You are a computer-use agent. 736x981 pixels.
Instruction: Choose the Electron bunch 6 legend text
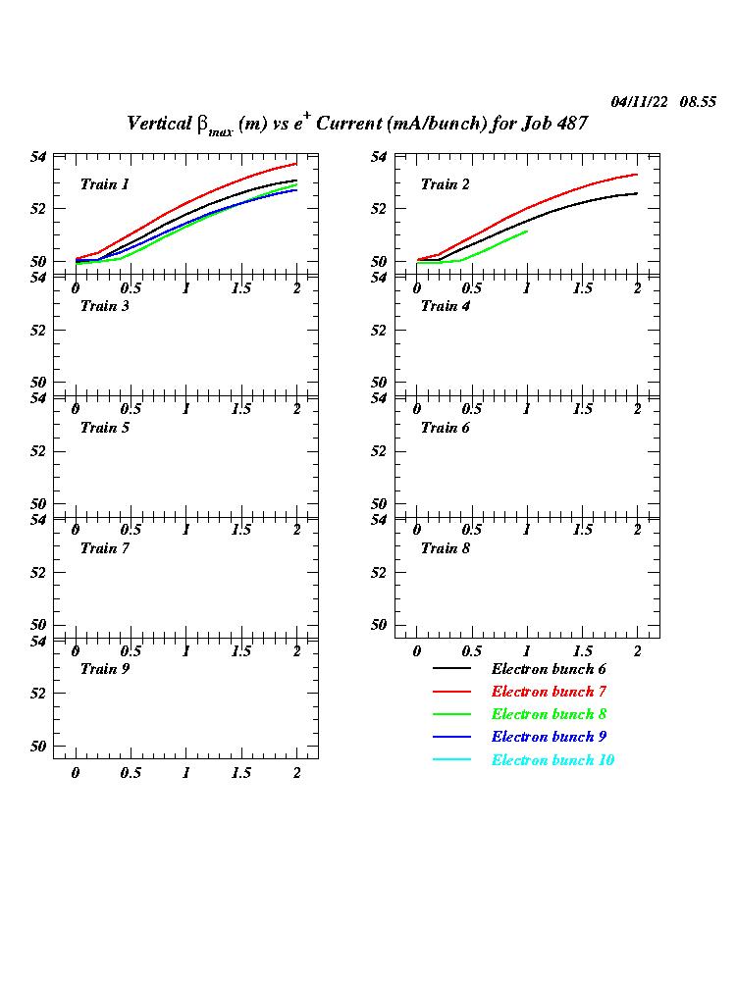[x=548, y=669]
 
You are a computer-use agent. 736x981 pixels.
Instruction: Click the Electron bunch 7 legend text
[x=548, y=692]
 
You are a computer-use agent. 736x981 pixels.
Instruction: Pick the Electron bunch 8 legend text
[x=548, y=714]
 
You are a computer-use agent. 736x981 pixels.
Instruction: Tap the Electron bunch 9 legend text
[x=548, y=737]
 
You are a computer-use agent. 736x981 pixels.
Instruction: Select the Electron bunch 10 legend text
[x=552, y=760]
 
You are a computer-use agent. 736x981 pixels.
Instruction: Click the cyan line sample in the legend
[x=451, y=760]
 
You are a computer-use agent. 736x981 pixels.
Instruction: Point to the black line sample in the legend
[x=451, y=669]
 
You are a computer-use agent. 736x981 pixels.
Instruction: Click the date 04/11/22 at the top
[x=640, y=102]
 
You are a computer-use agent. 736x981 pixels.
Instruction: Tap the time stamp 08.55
[x=698, y=102]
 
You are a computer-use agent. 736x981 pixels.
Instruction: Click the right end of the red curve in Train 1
[x=296, y=164]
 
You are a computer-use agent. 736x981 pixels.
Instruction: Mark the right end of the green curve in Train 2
[x=527, y=232]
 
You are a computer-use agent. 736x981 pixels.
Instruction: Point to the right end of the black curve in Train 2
[x=637, y=193]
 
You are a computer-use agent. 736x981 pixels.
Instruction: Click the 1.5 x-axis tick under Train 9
[x=241, y=773]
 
